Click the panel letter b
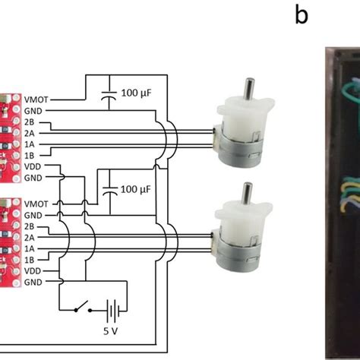(x=302, y=15)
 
